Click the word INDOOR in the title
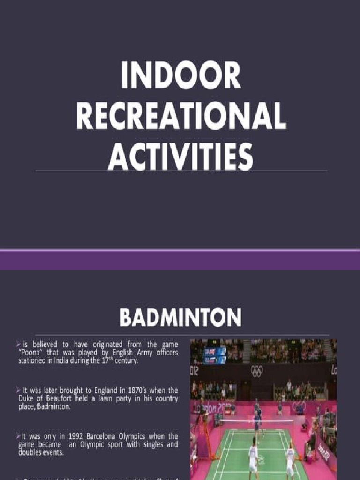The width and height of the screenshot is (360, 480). pyautogui.click(x=181, y=75)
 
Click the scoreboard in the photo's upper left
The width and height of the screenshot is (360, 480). pyautogui.click(x=215, y=355)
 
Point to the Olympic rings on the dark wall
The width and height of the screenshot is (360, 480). pyautogui.click(x=257, y=371)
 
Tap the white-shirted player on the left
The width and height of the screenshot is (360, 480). pyautogui.click(x=253, y=457)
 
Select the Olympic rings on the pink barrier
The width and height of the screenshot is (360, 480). pyautogui.click(x=299, y=406)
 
